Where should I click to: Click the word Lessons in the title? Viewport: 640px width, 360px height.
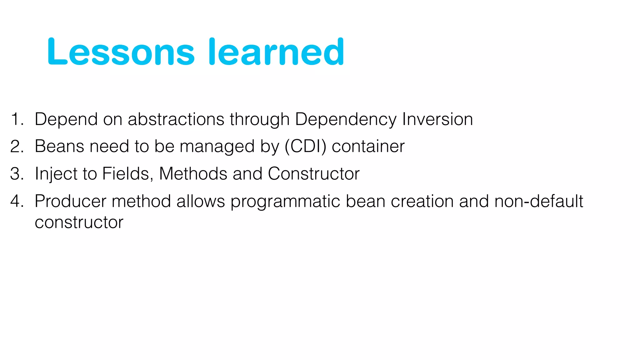pyautogui.click(x=121, y=52)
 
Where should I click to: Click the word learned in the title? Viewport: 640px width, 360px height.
pyautogui.click(x=276, y=52)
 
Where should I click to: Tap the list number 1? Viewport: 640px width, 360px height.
pyautogui.click(x=16, y=119)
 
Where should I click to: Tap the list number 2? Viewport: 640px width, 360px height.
pyautogui.click(x=16, y=147)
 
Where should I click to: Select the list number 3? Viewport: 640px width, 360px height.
pyautogui.click(x=16, y=174)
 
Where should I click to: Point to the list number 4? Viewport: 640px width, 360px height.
pyautogui.click(x=16, y=201)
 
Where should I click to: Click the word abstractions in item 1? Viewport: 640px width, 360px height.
pyautogui.click(x=176, y=119)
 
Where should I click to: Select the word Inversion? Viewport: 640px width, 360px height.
pyautogui.click(x=437, y=119)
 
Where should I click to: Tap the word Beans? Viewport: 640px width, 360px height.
pyautogui.click(x=59, y=146)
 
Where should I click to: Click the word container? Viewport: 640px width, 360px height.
pyautogui.click(x=368, y=146)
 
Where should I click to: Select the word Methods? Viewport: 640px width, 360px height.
pyautogui.click(x=193, y=174)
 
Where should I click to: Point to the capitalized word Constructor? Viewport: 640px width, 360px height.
pyautogui.click(x=313, y=174)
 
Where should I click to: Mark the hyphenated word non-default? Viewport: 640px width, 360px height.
pyautogui.click(x=539, y=201)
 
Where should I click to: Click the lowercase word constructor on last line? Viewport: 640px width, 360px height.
pyautogui.click(x=79, y=222)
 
